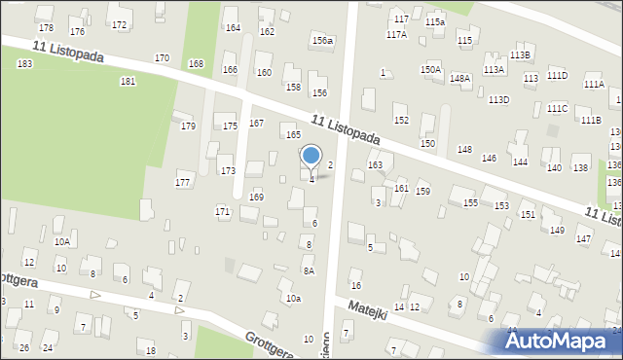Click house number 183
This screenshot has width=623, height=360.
[24, 63]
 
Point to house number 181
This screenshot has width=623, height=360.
[128, 82]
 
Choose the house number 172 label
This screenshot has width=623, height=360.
[119, 24]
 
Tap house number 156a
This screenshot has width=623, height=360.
[322, 41]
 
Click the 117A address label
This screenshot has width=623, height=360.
[396, 34]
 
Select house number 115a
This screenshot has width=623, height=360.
[434, 21]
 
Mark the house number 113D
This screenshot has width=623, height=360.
[498, 100]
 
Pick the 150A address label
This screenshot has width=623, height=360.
[430, 70]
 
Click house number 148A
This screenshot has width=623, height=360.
[460, 78]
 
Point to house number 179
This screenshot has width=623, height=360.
[188, 126]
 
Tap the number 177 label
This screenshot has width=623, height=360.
[182, 183]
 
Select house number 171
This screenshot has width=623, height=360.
[222, 211]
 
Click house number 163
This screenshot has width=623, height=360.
[375, 165]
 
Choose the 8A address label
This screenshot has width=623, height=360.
[309, 271]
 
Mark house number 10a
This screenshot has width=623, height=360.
[293, 298]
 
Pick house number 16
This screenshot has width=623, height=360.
[356, 285]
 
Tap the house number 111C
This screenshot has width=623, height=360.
[557, 108]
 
